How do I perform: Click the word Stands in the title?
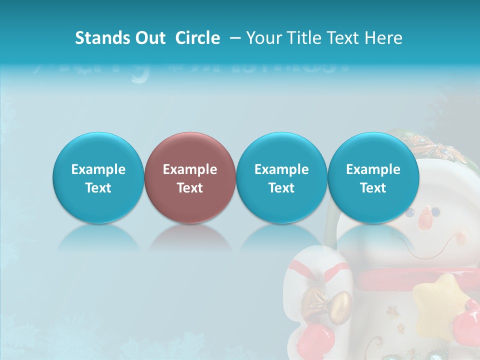pyautogui.click(x=100, y=38)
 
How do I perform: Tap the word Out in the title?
pyautogui.click(x=148, y=38)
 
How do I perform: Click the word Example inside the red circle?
pyautogui.click(x=190, y=169)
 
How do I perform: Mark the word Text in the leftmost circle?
pyautogui.click(x=98, y=188)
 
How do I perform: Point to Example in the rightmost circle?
pyautogui.click(x=373, y=169)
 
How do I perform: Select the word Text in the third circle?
pyautogui.click(x=281, y=188)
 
